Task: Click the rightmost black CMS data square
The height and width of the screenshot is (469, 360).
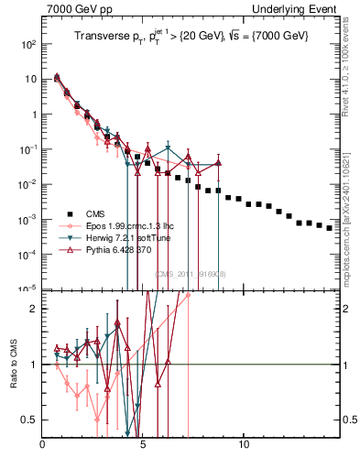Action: point(330,228)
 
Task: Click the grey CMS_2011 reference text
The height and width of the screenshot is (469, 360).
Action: point(191,273)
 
